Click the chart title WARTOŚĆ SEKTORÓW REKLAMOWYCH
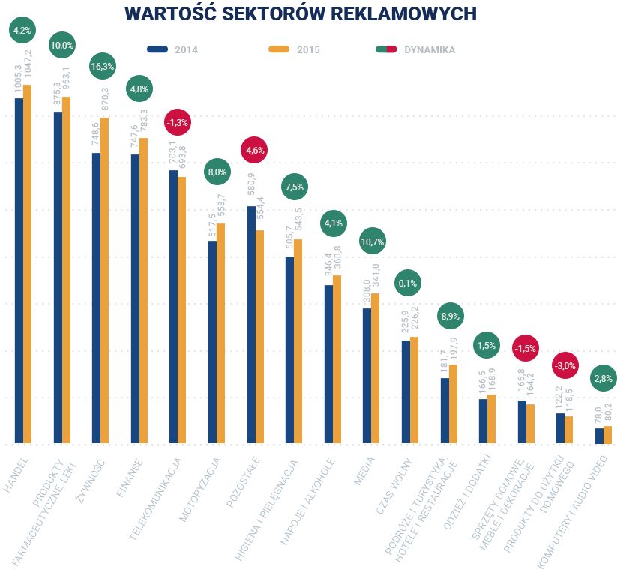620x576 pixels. point(300,13)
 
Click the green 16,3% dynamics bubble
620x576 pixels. point(102,66)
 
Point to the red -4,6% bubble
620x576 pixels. point(253,150)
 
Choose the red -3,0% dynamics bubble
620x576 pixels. point(564,365)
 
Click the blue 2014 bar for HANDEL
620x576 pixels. point(19,270)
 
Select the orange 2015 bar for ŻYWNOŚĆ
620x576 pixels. point(104,280)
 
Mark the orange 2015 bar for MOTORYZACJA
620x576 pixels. point(220,333)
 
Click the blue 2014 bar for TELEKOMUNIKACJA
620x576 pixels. point(173,307)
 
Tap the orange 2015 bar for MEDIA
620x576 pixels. point(375,368)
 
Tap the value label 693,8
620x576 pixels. point(183,159)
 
